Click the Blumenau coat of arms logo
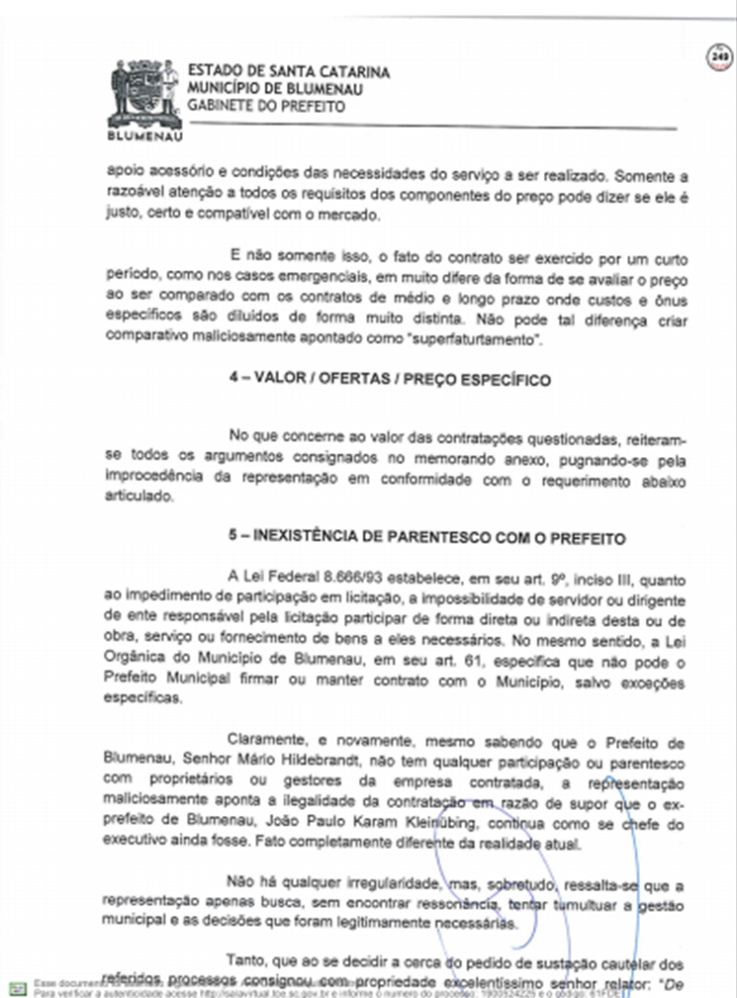coord(144,94)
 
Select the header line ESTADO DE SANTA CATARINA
coord(288,72)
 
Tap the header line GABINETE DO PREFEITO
coord(266,106)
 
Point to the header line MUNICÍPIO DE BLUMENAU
coord(274,89)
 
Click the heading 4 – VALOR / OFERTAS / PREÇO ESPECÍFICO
coord(390,381)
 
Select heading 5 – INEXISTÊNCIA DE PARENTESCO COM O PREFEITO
coord(426,538)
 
